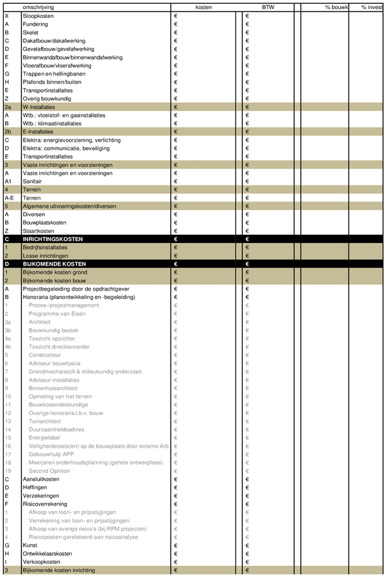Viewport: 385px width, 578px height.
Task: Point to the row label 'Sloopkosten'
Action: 38,15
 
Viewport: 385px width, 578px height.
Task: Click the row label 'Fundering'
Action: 36,23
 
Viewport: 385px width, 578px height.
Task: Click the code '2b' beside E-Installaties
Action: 8,132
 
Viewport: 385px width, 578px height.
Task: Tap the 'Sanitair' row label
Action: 34,182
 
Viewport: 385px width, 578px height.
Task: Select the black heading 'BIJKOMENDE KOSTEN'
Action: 54,264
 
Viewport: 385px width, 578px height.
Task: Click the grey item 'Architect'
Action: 40,322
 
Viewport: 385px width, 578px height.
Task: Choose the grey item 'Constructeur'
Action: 45,355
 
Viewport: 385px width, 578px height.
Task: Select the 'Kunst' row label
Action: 30,545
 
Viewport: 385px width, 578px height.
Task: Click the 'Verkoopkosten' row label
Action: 41,561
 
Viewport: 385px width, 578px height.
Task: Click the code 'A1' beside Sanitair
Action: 9,182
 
